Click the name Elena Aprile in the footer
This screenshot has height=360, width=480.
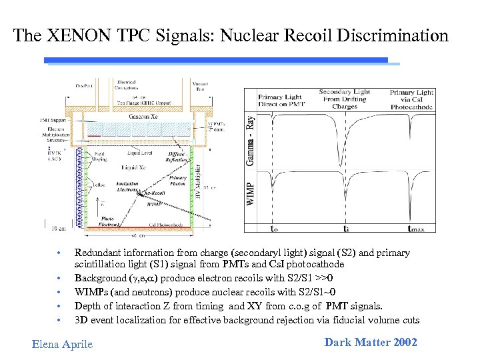(x=63, y=344)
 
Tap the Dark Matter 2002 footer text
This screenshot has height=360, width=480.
(x=371, y=342)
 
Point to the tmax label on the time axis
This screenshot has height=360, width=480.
(x=415, y=229)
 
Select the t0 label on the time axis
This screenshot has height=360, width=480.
(x=274, y=229)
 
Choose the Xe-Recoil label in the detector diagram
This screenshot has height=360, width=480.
(x=155, y=192)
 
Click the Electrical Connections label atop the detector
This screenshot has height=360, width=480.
(x=125, y=84)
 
